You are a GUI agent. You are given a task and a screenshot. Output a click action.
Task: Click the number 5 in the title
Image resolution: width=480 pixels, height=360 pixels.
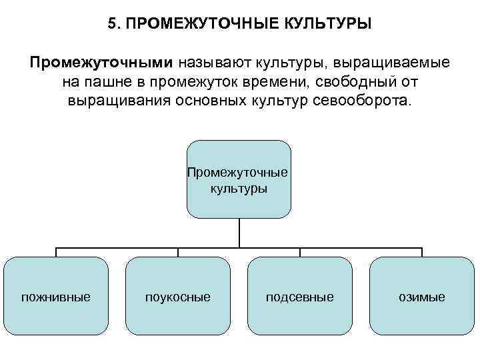coord(111,24)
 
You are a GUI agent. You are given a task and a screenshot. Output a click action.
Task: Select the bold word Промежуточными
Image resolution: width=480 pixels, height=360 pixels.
coord(101,63)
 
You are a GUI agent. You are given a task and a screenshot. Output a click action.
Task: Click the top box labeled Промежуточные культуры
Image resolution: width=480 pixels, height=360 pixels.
coord(239,179)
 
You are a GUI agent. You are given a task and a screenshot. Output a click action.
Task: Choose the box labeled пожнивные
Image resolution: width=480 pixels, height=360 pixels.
coord(56,296)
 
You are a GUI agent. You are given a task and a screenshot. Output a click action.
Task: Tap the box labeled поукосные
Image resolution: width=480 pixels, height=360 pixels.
coord(178,296)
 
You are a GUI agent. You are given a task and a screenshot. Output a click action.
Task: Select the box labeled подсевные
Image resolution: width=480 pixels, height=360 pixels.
coord(300,296)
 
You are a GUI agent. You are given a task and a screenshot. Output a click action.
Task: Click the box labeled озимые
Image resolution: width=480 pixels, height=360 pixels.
coord(422,296)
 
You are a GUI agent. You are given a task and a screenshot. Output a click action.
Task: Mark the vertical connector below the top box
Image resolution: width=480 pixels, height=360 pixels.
coord(239,233)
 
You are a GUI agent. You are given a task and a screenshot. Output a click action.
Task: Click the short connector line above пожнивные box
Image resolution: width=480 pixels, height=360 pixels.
coord(56,253)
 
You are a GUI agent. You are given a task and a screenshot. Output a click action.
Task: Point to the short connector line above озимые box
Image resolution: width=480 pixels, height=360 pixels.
coord(422,253)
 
